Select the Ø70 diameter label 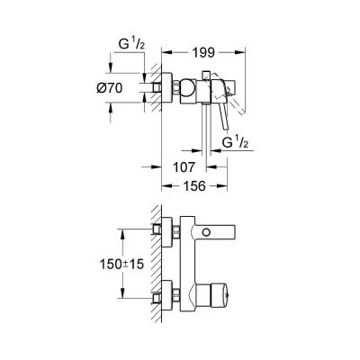click(x=125, y=89)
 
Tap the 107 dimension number click(x=184, y=166)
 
